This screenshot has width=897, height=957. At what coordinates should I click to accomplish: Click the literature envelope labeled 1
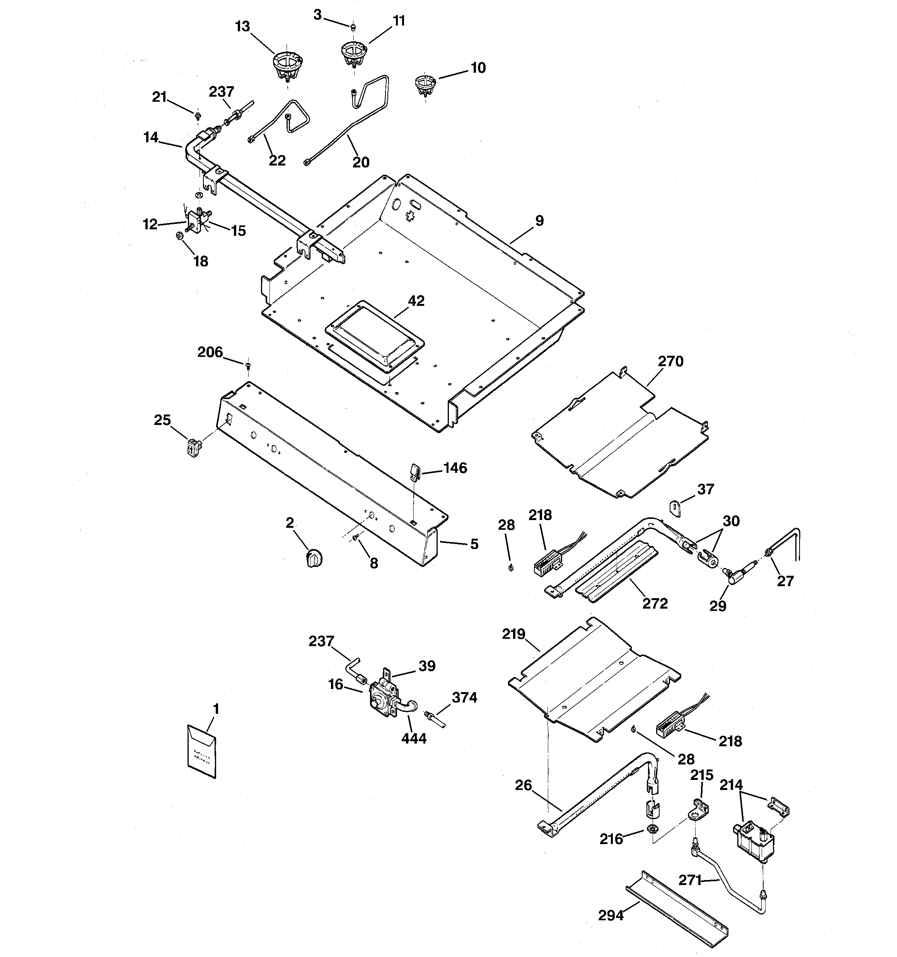(201, 751)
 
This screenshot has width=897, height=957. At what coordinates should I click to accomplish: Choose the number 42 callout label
(416, 301)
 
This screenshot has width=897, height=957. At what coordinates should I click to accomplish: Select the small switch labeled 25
(193, 447)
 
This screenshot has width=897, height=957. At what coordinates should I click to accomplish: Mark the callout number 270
(670, 361)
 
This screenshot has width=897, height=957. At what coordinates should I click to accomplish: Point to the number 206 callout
(210, 352)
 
